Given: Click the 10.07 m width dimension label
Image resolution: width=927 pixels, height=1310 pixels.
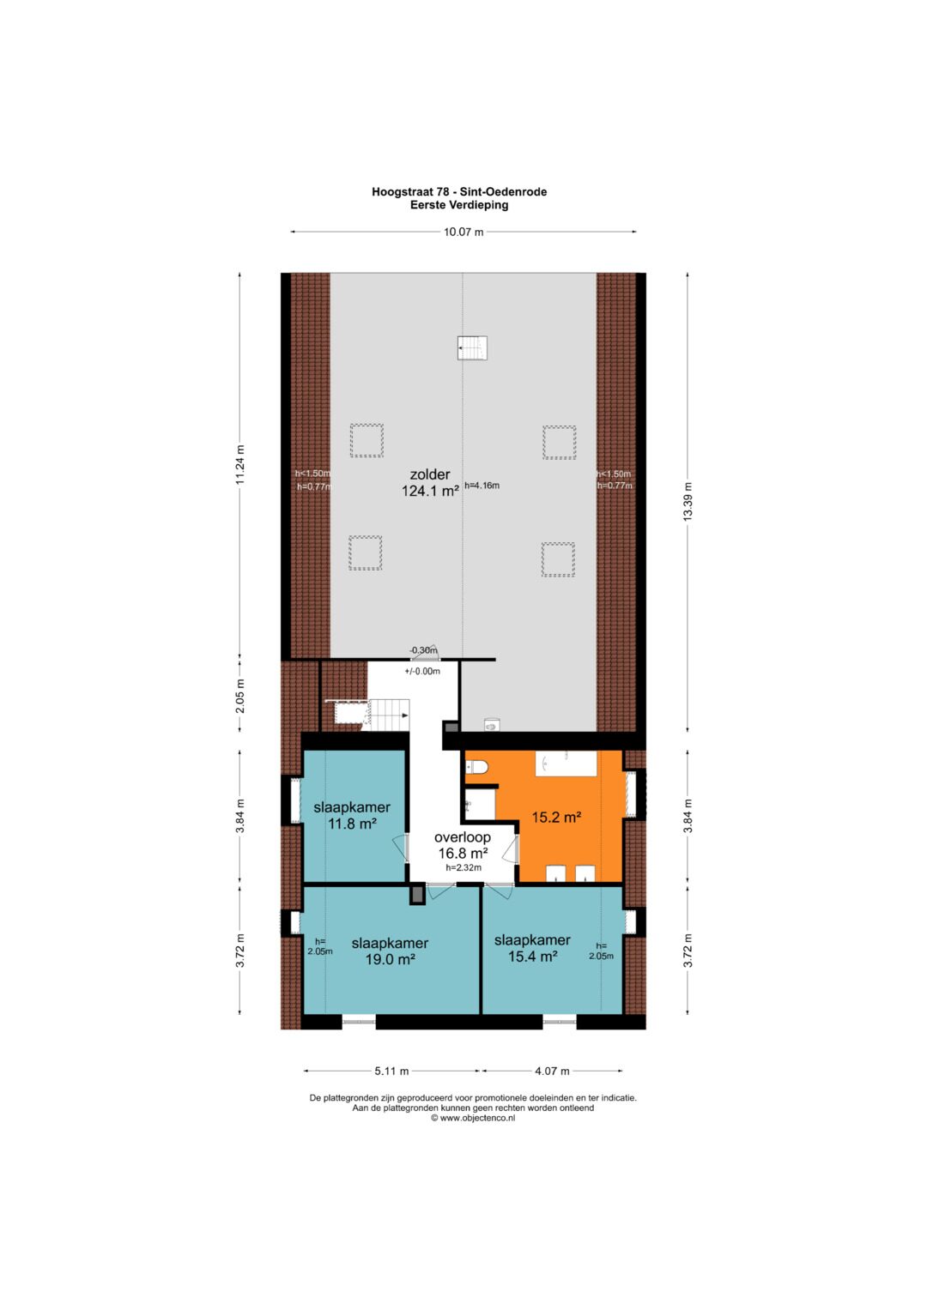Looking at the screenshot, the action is (463, 232).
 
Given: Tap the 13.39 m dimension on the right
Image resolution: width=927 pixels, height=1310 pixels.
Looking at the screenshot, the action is (688, 502).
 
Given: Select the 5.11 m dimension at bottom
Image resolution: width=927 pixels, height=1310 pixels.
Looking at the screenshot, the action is (391, 1071).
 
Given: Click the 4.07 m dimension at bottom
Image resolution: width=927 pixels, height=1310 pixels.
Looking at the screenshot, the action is (552, 1071).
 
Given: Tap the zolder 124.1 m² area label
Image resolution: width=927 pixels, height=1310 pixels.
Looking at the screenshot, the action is (430, 482).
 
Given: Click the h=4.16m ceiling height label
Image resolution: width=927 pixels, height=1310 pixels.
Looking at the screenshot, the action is (482, 486).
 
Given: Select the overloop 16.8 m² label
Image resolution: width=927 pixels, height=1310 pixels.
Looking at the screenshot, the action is (463, 845).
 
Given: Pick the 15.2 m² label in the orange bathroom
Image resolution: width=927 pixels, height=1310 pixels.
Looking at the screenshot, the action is (556, 817).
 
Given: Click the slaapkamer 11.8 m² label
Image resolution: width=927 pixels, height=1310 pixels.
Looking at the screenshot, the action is (352, 815).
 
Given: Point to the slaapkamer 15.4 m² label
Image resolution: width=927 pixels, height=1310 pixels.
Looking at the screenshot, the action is (532, 948).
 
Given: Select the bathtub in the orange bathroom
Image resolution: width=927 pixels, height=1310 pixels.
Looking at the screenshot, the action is (566, 764).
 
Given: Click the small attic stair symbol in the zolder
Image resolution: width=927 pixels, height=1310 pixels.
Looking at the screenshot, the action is (472, 347).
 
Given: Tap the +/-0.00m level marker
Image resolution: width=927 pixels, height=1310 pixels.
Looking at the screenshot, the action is (422, 672).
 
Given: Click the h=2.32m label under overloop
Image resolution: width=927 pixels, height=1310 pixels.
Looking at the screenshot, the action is (463, 868).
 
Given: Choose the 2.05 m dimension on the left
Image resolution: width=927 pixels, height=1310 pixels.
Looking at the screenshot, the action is (240, 696).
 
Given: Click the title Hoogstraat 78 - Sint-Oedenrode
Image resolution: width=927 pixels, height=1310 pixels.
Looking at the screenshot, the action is (459, 192).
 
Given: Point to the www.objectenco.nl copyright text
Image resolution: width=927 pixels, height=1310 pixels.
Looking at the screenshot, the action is (473, 1118).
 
